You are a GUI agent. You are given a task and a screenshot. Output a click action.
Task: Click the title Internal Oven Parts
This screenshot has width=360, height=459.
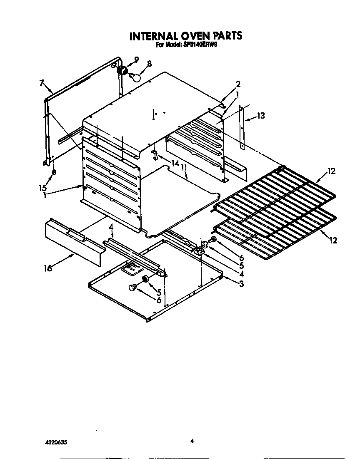185,36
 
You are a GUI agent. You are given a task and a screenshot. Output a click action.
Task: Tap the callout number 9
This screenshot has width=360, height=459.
136,59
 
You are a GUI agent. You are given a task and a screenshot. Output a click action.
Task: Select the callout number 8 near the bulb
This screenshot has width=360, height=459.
149,64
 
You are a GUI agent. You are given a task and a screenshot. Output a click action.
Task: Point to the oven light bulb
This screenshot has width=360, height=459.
135,77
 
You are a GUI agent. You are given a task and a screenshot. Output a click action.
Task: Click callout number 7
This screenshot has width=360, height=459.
42,83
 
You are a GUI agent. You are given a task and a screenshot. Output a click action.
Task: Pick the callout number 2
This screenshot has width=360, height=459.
238,84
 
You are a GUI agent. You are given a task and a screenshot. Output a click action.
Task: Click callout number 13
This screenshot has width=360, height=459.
260,116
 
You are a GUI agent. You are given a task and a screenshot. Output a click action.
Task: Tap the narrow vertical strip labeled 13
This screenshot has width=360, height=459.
242,127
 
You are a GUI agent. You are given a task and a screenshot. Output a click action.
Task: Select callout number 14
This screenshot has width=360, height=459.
175,164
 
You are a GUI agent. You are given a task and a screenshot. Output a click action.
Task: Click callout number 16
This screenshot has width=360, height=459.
48,268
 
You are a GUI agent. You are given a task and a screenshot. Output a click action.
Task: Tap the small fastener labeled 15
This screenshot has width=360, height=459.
54,171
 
